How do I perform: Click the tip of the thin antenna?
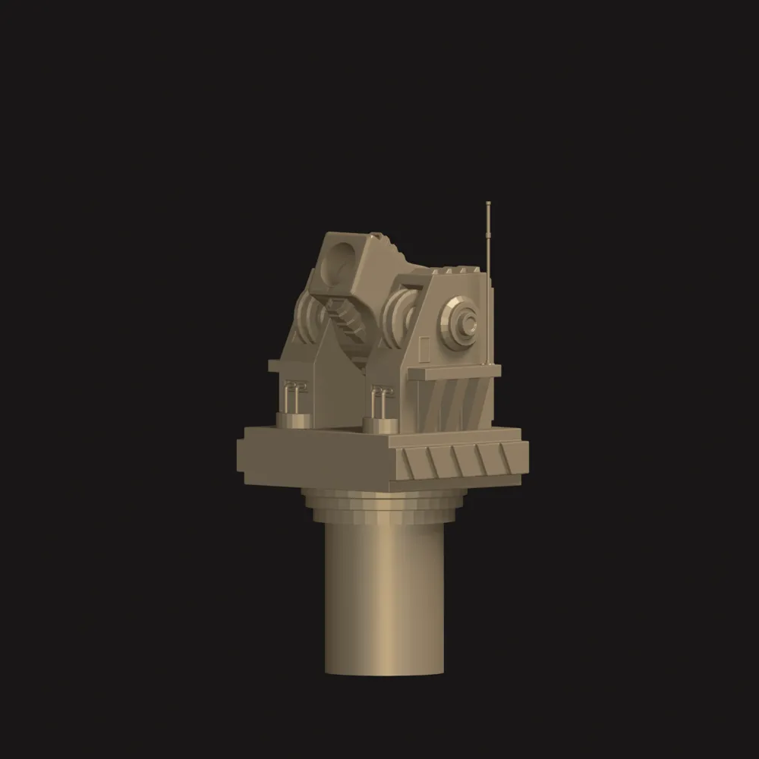pos(487,203)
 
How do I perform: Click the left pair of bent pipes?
pos(292,395)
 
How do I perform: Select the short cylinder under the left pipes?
pos(292,420)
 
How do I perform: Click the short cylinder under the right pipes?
pos(378,423)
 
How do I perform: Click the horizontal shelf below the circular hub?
pos(455,371)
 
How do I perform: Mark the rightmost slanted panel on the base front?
pos(505,456)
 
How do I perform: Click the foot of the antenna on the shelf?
pos(486,363)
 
